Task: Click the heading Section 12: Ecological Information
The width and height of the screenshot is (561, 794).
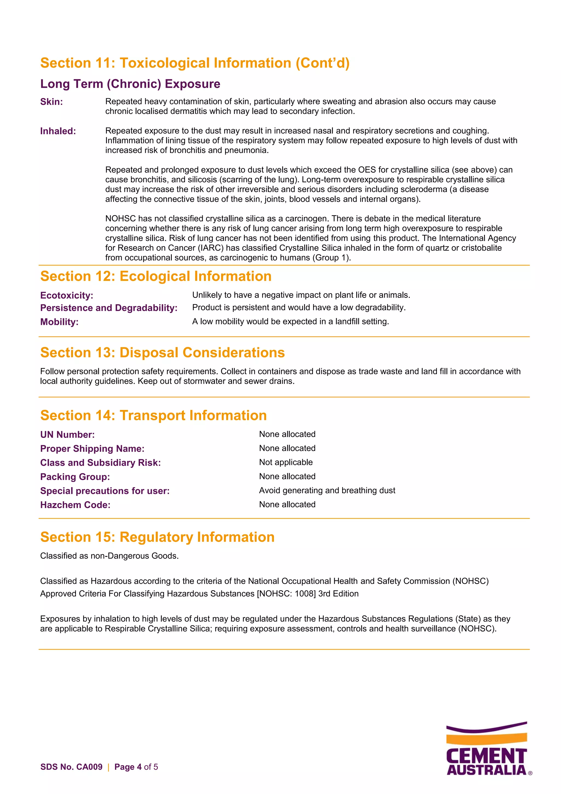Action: pos(156,276)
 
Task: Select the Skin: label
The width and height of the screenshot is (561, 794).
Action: pos(51,102)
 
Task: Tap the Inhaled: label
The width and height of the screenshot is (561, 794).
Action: pos(58,131)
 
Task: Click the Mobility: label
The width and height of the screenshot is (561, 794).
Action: pos(59,322)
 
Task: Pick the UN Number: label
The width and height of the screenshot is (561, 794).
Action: pos(67,435)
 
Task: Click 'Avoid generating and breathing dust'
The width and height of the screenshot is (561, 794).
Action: pos(327,490)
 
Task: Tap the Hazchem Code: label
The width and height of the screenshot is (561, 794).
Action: pos(75,505)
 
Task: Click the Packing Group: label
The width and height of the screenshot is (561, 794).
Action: pos(75,477)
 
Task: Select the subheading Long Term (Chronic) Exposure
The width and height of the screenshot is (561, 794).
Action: pos(130,84)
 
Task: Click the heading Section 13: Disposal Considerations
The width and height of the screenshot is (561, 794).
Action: pos(162,353)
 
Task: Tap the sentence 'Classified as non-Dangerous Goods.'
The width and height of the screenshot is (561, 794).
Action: pos(109,556)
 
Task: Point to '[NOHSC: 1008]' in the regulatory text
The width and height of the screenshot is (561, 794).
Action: pos(286,594)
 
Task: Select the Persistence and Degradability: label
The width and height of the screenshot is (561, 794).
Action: pos(108,308)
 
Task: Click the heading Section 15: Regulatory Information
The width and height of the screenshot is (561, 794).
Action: pos(157,537)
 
